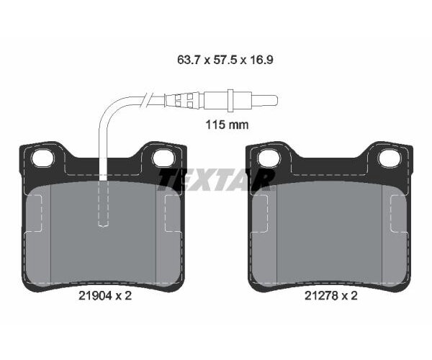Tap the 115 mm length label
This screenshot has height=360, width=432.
(x=228, y=125)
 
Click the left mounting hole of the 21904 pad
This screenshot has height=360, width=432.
(x=42, y=158)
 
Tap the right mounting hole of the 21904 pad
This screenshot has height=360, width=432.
(x=163, y=157)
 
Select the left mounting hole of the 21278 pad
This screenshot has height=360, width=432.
(x=269, y=158)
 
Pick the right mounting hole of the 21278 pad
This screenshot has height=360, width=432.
(x=389, y=157)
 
